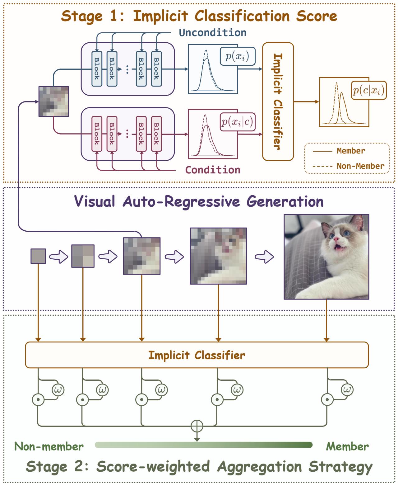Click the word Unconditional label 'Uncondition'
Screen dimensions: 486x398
pos(213,33)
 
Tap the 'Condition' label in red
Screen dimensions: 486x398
pos(213,170)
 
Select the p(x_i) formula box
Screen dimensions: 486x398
pos(237,56)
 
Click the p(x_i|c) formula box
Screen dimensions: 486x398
pos(237,122)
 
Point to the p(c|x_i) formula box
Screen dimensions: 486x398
pos(368,90)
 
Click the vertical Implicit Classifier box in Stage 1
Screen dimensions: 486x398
pos(278,101)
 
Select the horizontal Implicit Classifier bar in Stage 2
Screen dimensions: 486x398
pos(197,355)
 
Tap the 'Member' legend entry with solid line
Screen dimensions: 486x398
pos(351,151)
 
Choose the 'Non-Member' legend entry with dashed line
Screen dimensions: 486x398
pos(360,166)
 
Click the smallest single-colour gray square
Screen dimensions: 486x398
pos(38,256)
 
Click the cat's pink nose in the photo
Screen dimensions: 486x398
pos(336,239)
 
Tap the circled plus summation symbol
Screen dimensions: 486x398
pos(197,426)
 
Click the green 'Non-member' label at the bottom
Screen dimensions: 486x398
pos(49,446)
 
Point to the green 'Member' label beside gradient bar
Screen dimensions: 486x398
pos(347,446)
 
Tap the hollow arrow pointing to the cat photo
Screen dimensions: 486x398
pos(264,257)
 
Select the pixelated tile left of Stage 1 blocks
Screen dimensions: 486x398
pos(53,101)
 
